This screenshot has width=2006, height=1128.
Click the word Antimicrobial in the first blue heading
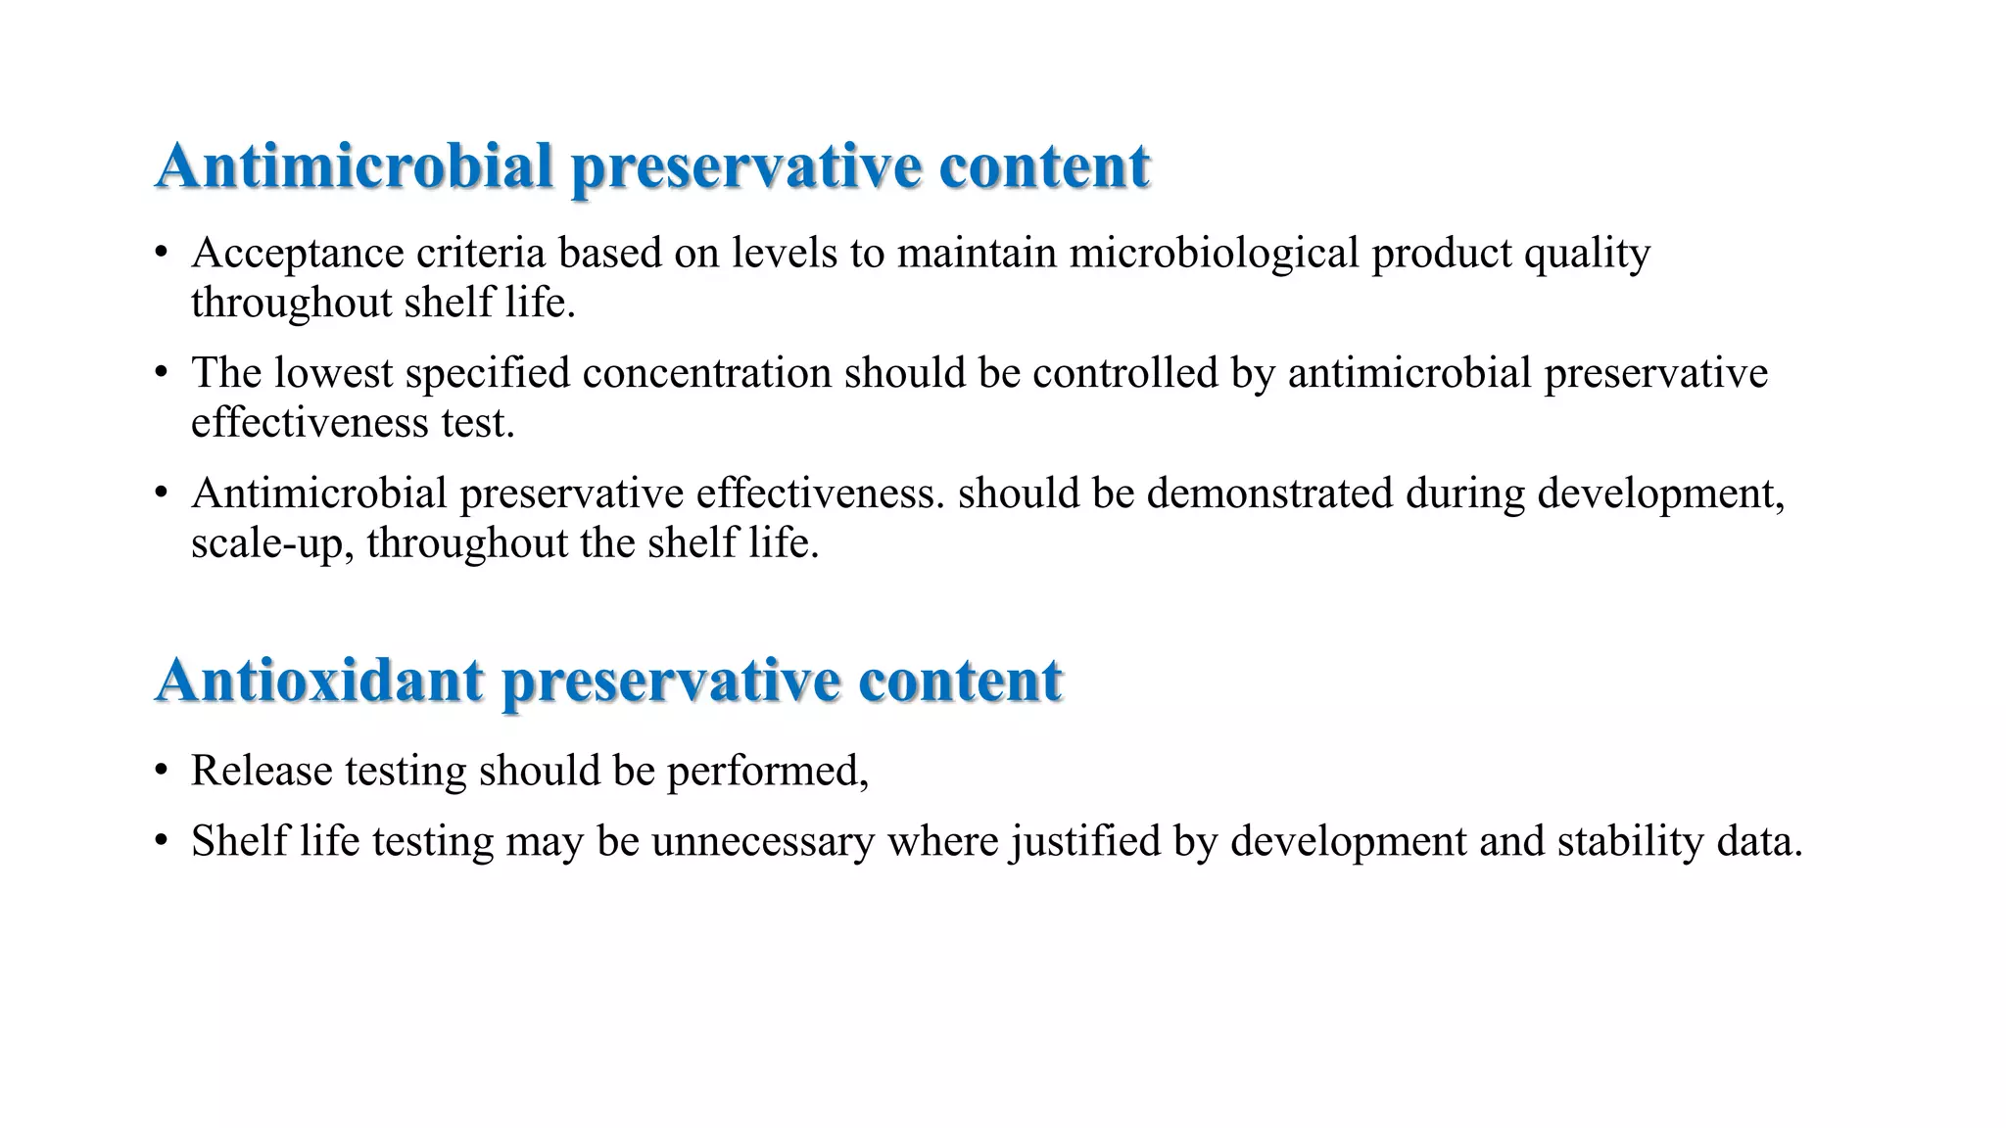pos(355,165)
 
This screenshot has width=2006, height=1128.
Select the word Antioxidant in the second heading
pos(319,680)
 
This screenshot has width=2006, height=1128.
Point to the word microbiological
pos(1214,254)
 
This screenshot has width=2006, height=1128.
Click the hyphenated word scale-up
pos(272,543)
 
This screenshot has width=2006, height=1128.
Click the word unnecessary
pos(763,842)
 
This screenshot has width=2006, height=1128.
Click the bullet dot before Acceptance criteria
pos(162,254)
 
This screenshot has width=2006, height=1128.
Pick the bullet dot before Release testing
pos(162,771)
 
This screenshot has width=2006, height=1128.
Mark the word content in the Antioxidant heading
pos(960,680)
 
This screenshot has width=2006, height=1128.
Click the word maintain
pos(977,254)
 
